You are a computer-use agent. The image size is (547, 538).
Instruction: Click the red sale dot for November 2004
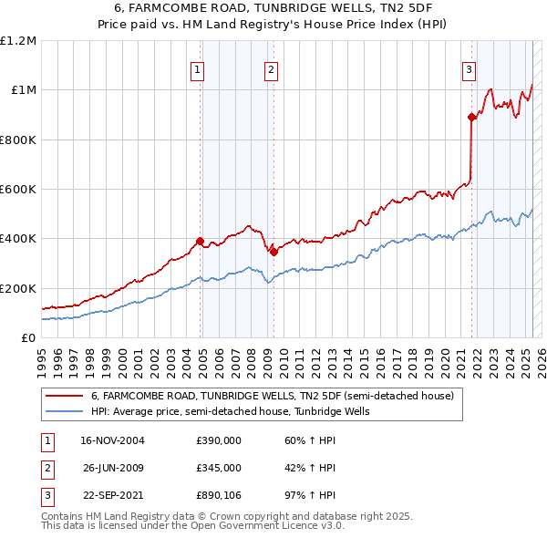click(x=200, y=242)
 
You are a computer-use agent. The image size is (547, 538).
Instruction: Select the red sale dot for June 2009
click(x=273, y=252)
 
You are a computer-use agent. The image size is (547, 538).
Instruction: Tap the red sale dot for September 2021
click(x=471, y=117)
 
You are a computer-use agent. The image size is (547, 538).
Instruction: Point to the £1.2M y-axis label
click(x=18, y=41)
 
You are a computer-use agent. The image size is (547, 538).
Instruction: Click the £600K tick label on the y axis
click(x=18, y=190)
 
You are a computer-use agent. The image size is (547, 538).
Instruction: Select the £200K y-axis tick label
click(x=18, y=288)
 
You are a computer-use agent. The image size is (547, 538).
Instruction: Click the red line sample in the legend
click(x=64, y=397)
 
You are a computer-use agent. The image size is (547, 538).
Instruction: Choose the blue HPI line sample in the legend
click(x=64, y=411)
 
